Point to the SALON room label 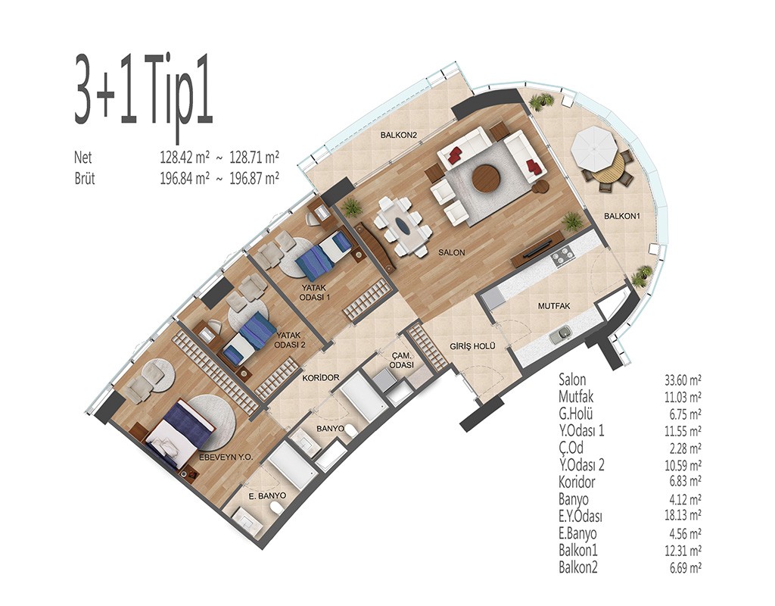[452, 252]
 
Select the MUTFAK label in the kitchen [553, 306]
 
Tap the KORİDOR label [321, 377]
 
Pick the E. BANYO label [267, 495]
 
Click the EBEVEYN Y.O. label [226, 458]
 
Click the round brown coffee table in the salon [487, 178]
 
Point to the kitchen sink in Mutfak [561, 334]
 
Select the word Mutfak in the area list [576, 396]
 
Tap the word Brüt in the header [85, 178]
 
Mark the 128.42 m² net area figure [185, 158]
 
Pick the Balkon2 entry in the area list [577, 567]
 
